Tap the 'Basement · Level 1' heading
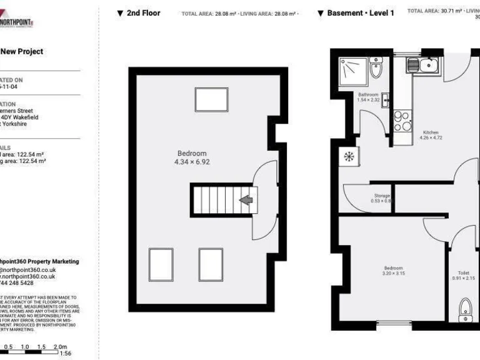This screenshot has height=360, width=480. tap(355, 13)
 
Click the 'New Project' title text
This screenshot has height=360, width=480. tap(21, 52)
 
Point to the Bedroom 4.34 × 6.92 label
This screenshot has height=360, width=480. tap(192, 157)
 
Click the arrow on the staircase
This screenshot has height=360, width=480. tap(247, 200)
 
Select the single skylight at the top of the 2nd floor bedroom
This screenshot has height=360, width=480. tap(211, 99)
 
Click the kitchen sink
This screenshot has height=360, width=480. tap(423, 64)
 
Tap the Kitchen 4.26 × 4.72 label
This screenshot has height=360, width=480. tap(431, 136)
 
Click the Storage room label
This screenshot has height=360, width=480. tap(382, 198)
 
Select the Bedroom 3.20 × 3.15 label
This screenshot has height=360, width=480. tap(394, 271)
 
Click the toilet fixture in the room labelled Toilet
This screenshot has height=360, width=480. tap(464, 308)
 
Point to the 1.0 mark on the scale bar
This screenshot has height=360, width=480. tap(25, 347)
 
